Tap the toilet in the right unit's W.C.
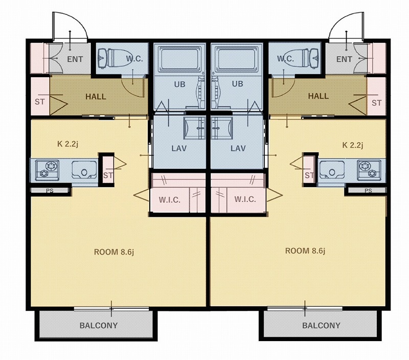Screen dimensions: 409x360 (303, 58)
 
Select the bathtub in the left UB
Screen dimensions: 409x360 (180, 59)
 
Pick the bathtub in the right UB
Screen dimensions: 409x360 (237, 59)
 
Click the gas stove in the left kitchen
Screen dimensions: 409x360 (47, 170)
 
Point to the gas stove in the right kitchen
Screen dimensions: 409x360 (369, 170)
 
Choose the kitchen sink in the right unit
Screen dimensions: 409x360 (332, 170)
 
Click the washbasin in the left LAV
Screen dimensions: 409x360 (195, 128)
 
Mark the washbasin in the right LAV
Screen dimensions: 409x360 (222, 128)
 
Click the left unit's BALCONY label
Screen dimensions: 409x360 (99, 325)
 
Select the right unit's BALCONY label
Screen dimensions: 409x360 (321, 325)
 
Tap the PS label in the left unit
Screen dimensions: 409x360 (50, 191)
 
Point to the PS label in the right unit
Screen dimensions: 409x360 (368, 191)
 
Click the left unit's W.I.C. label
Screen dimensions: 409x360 (169, 200)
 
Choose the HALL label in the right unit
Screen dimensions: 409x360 (318, 96)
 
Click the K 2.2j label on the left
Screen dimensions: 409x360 (67, 144)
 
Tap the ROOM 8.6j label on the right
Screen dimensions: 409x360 (305, 251)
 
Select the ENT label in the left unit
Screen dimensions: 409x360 (75, 59)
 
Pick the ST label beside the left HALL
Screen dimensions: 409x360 (40, 102)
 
